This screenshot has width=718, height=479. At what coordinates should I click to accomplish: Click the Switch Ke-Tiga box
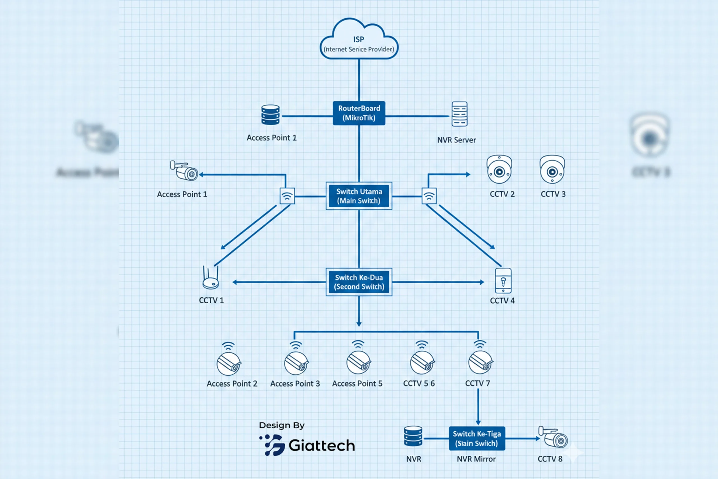(477, 438)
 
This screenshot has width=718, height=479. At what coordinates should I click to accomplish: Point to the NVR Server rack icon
(459, 114)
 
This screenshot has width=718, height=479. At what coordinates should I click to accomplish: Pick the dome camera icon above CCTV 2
(499, 169)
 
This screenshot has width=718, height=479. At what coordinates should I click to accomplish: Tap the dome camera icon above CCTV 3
(552, 169)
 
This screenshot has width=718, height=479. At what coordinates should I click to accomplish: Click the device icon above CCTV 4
(503, 281)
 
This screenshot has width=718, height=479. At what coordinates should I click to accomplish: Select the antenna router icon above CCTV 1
(211, 278)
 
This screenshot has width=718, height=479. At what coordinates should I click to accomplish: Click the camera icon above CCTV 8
(554, 437)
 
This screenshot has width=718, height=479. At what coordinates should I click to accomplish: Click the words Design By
(282, 425)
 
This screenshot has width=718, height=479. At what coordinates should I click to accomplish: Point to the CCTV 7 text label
(477, 383)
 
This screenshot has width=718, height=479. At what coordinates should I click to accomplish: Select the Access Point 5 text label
(357, 384)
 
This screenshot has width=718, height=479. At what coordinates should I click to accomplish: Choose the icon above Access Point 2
(229, 363)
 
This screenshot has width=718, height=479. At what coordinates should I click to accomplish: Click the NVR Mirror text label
(476, 459)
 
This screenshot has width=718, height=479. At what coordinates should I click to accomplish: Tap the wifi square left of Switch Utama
(287, 196)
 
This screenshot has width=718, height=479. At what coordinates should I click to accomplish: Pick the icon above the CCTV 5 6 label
(422, 362)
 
